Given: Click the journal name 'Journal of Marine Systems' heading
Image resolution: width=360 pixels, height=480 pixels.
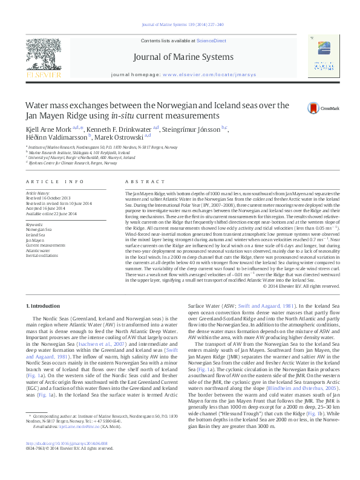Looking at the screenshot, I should click(180, 57).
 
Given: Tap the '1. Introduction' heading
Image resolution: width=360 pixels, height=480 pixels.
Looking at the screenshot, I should click(45, 306).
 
